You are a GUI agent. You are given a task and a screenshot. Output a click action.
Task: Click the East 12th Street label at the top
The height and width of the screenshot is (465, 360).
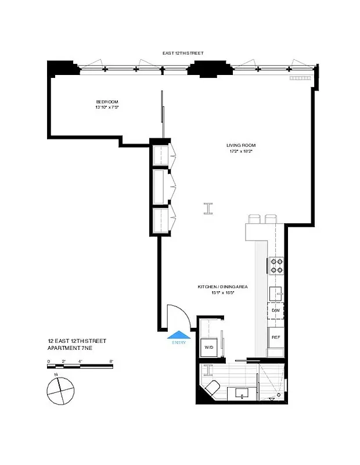(x=183, y=53)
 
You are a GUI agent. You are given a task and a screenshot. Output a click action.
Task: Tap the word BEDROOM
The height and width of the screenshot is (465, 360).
(x=107, y=102)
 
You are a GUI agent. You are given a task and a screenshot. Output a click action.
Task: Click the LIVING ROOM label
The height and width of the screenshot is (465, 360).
(x=241, y=145)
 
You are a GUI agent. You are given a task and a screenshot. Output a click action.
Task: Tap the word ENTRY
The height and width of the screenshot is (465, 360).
(x=179, y=342)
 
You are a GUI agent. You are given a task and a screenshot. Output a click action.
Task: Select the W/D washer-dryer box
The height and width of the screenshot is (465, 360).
(x=208, y=348)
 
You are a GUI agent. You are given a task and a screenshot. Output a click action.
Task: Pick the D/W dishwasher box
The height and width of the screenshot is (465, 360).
(x=275, y=310)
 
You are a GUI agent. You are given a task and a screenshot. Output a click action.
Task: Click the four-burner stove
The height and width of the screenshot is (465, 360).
(x=275, y=266)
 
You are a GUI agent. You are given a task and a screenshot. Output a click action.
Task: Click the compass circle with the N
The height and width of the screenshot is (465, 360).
(x=60, y=391)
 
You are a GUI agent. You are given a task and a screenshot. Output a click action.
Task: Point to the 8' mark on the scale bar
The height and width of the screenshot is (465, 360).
(x=111, y=361)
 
